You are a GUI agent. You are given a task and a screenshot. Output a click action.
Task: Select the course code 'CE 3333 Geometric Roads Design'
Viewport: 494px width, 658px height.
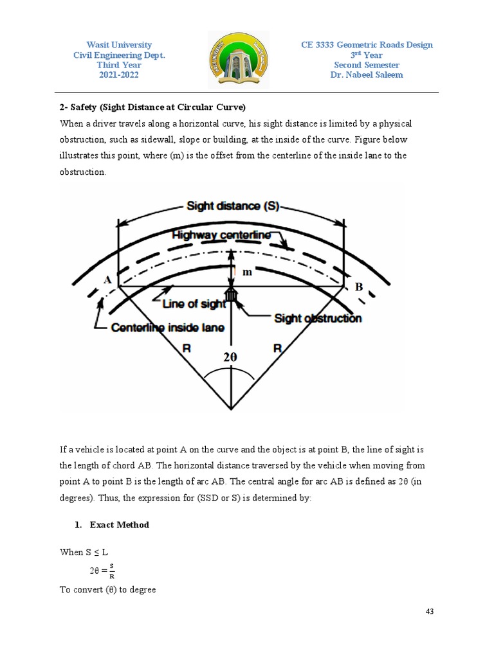coord(367,45)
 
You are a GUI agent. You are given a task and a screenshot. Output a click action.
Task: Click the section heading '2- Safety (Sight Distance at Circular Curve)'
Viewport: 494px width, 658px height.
coord(153,107)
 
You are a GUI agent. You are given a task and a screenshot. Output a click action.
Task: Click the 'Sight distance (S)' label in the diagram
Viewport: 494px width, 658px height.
coord(232,206)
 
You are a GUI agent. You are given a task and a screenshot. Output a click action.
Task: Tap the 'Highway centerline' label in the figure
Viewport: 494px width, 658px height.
coord(222,236)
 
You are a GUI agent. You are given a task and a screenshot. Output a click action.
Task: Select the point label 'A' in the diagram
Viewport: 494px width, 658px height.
coord(107,280)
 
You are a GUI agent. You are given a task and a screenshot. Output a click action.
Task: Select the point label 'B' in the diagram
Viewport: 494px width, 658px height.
coord(358,287)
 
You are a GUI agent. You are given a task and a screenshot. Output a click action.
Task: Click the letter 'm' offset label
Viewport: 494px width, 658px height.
coord(246,272)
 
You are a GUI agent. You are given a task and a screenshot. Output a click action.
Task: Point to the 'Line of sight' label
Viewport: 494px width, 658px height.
coord(194,303)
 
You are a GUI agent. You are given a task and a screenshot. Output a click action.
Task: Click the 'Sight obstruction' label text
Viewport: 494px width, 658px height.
coord(318,318)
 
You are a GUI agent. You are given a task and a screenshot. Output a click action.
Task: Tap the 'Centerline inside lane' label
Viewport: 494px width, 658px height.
coord(168,328)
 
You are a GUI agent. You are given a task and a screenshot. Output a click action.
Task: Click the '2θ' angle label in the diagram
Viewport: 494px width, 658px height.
coord(231,358)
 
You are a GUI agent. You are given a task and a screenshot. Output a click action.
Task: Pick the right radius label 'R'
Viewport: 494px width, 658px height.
coord(278,349)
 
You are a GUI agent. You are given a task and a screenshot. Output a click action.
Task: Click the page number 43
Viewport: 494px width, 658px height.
coord(430,611)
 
